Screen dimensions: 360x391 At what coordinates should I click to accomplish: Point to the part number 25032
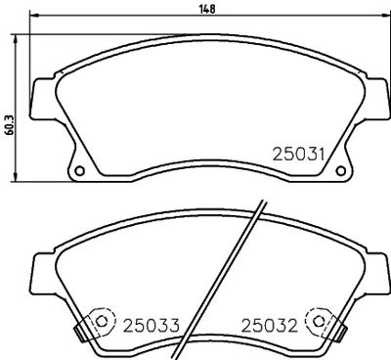(270, 324)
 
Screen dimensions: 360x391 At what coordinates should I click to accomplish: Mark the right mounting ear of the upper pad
(373, 96)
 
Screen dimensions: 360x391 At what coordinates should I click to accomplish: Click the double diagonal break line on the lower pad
(230, 279)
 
